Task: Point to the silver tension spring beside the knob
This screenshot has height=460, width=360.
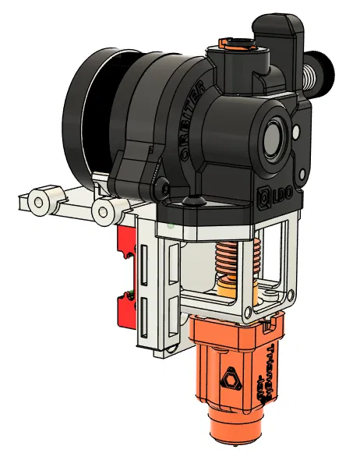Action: click(x=310, y=76)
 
